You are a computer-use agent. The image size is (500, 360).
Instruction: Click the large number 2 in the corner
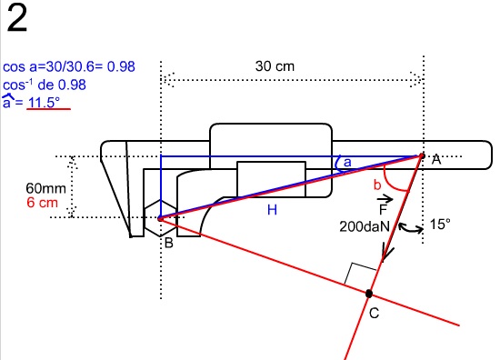pyautogui.click(x=17, y=18)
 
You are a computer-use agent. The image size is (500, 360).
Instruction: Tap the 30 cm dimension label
pyautogui.click(x=275, y=66)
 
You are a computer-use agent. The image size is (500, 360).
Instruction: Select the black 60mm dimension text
pyautogui.click(x=46, y=188)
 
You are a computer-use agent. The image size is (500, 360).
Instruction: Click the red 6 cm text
pyautogui.click(x=42, y=203)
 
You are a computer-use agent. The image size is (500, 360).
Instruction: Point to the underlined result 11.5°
pyautogui.click(x=44, y=103)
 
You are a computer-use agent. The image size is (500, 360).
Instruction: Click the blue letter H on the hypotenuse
pyautogui.click(x=272, y=210)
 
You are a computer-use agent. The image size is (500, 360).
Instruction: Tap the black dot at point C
pyautogui.click(x=368, y=294)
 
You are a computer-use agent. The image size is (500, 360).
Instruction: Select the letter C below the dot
pyautogui.click(x=374, y=313)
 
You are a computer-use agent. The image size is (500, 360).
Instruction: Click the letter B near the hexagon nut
pyautogui.click(x=169, y=243)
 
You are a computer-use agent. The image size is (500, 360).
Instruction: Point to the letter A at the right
pyautogui.click(x=435, y=159)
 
